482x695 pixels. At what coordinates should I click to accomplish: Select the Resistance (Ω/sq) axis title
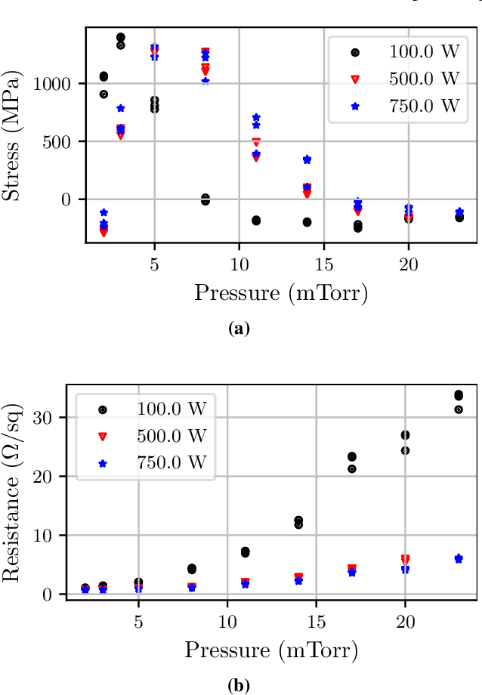point(13,493)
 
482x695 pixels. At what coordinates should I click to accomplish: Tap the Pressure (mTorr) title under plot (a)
point(281,292)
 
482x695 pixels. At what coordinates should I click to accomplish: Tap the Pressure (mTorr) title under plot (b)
point(271,650)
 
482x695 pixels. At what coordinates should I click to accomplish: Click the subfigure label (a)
point(239,329)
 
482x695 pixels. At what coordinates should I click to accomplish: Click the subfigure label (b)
point(238,686)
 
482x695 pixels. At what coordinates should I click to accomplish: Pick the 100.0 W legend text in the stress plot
point(424,52)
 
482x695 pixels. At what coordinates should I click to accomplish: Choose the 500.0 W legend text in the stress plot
point(424,79)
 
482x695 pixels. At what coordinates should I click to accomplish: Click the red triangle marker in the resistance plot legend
point(103,436)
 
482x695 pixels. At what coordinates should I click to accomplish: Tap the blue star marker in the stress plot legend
point(355,106)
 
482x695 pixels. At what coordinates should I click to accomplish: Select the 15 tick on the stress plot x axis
point(323,266)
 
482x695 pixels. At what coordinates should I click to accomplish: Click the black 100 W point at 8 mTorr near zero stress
point(205,199)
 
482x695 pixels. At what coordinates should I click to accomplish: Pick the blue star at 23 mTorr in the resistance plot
point(459,558)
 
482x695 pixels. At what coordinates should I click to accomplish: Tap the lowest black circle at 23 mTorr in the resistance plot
point(459,409)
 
